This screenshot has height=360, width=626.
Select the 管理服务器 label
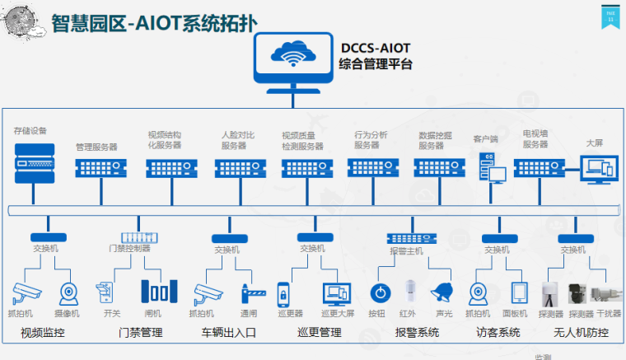coord(97,147)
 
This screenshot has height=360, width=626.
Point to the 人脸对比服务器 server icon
coord(240,168)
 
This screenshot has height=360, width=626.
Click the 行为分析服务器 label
coord(371,139)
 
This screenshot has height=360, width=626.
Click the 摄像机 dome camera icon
coord(68,293)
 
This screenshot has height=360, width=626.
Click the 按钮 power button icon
coord(379,292)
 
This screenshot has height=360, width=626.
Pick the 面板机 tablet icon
coord(520,293)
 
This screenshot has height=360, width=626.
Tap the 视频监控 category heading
coord(44,333)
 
